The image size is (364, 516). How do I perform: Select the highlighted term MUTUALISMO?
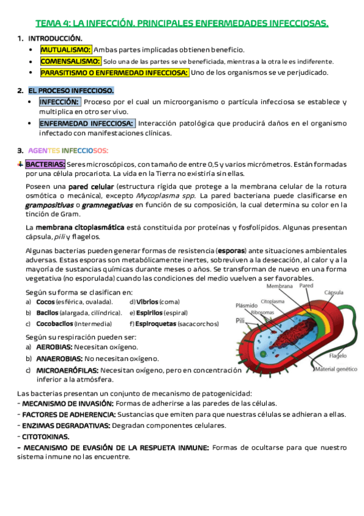(66, 49)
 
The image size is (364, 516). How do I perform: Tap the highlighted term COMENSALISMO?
(70, 61)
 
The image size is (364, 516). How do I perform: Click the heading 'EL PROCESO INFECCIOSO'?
(70, 91)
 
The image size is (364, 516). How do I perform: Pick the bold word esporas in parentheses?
(232, 251)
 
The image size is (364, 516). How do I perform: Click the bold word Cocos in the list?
(45, 302)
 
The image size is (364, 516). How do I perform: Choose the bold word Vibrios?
(147, 302)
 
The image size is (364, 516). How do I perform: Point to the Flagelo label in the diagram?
(338, 356)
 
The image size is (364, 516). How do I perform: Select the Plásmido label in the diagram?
(246, 306)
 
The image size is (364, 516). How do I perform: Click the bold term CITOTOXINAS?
(46, 436)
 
